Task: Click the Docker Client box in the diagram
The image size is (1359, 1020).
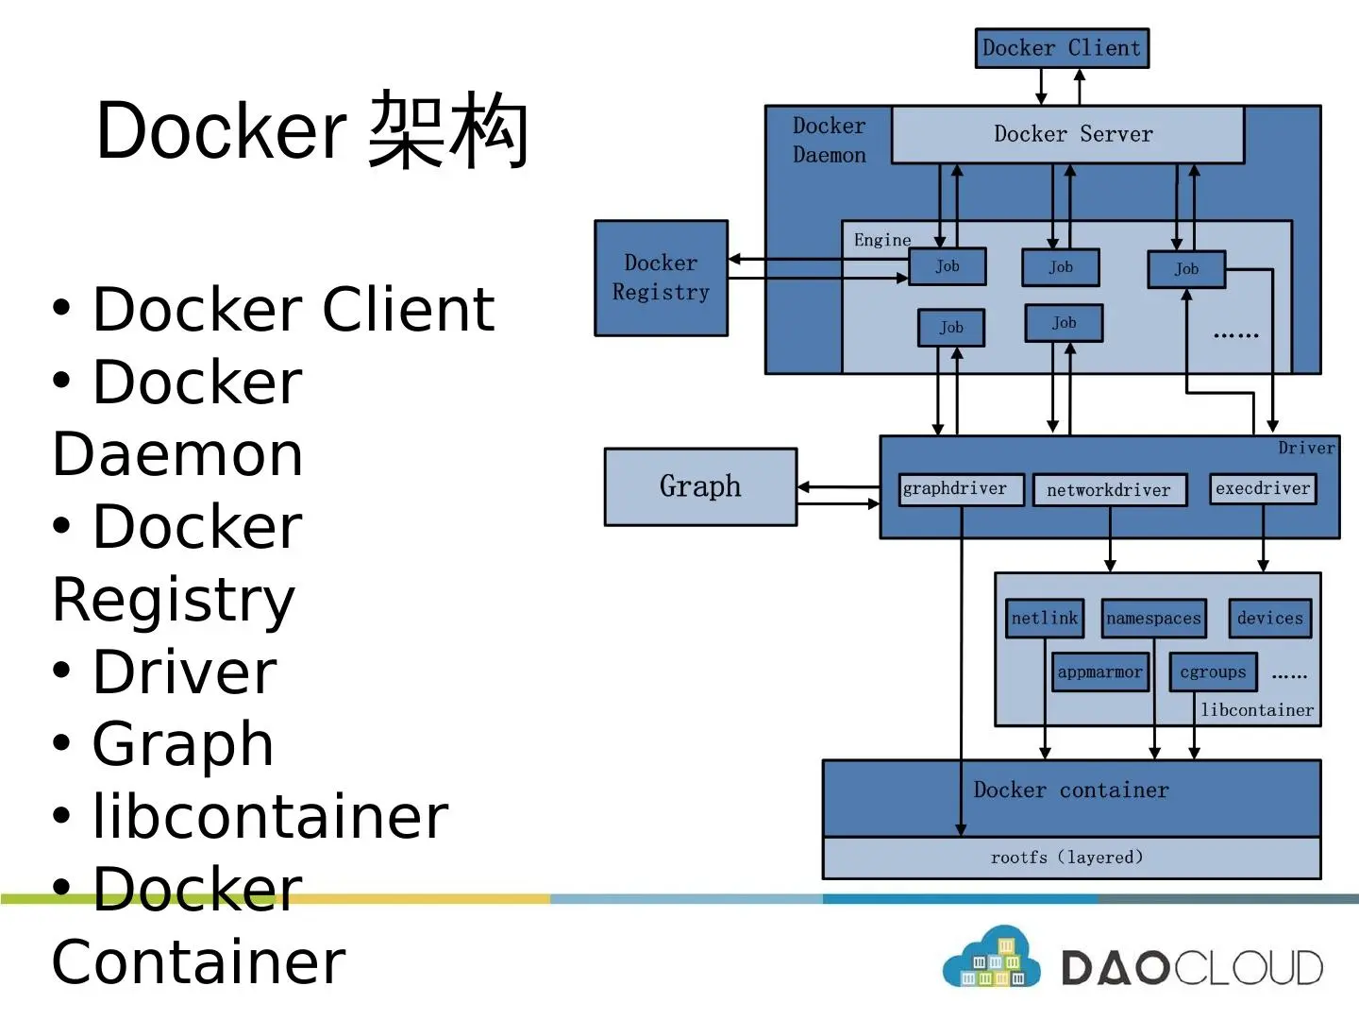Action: click(x=1062, y=48)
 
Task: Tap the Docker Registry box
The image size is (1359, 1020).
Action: click(x=661, y=278)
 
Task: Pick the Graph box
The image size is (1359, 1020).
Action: click(x=700, y=486)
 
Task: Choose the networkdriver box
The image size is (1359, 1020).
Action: click(x=1109, y=490)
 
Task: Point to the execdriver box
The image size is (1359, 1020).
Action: click(x=1263, y=488)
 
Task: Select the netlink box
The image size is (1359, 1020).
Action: click(x=1045, y=619)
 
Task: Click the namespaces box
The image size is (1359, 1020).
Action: click(x=1153, y=619)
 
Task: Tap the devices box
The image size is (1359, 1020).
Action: click(x=1269, y=619)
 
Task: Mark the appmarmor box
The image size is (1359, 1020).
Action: click(x=1100, y=672)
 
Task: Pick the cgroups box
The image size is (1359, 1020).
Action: click(x=1213, y=672)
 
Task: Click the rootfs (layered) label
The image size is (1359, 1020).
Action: click(x=1066, y=858)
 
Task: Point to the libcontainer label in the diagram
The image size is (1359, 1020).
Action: click(x=1257, y=710)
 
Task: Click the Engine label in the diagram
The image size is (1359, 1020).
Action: click(x=882, y=240)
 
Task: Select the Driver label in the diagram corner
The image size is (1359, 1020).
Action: click(x=1306, y=448)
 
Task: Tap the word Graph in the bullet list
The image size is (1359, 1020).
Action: click(x=183, y=744)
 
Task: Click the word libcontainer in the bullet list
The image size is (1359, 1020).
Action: click(x=271, y=817)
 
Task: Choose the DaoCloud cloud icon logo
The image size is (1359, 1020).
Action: click(x=991, y=960)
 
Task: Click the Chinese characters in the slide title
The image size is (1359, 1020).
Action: click(x=447, y=130)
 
